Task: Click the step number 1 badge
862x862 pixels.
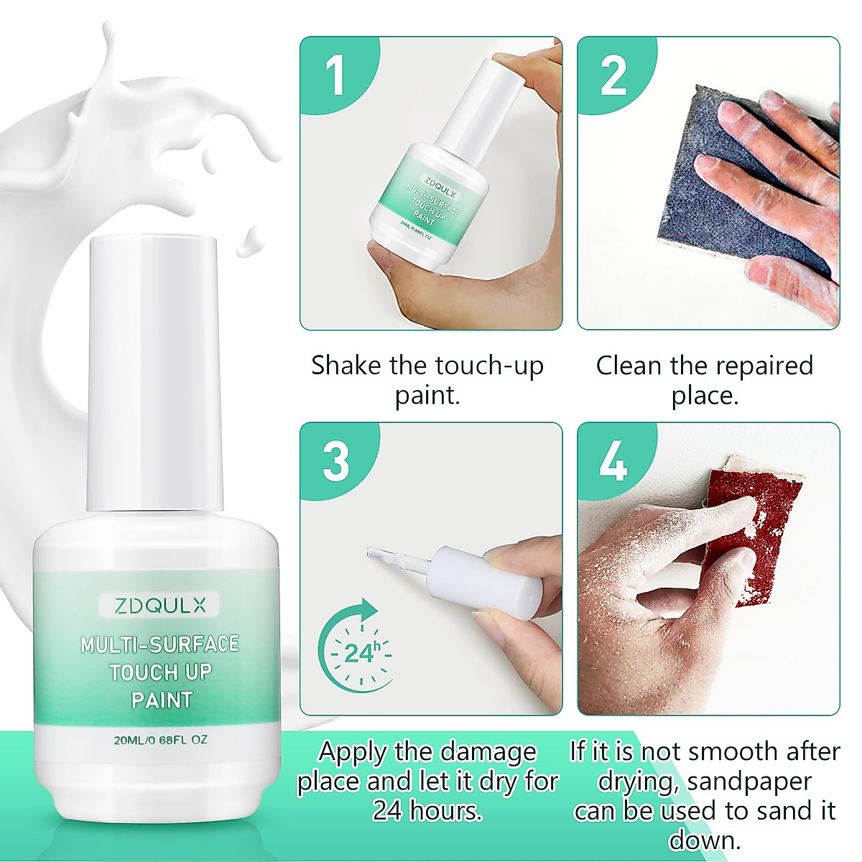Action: coord(335,75)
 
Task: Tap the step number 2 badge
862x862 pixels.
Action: coord(613,75)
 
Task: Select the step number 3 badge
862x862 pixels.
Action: coord(335,461)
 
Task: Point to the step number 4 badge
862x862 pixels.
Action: coord(613,461)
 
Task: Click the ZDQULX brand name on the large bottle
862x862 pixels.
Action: coord(159,606)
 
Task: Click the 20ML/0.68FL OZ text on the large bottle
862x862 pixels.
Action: coord(159,740)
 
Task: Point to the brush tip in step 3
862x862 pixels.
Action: coord(377,554)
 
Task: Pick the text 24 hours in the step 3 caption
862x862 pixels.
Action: coord(427,811)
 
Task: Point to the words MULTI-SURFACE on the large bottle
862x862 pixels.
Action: coord(159,644)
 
